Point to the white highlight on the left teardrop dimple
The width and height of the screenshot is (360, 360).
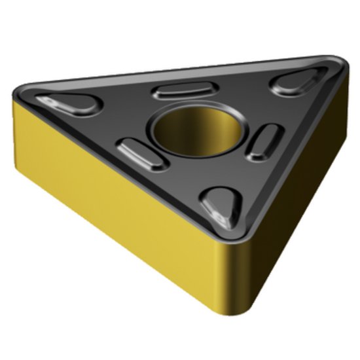point(52,101)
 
